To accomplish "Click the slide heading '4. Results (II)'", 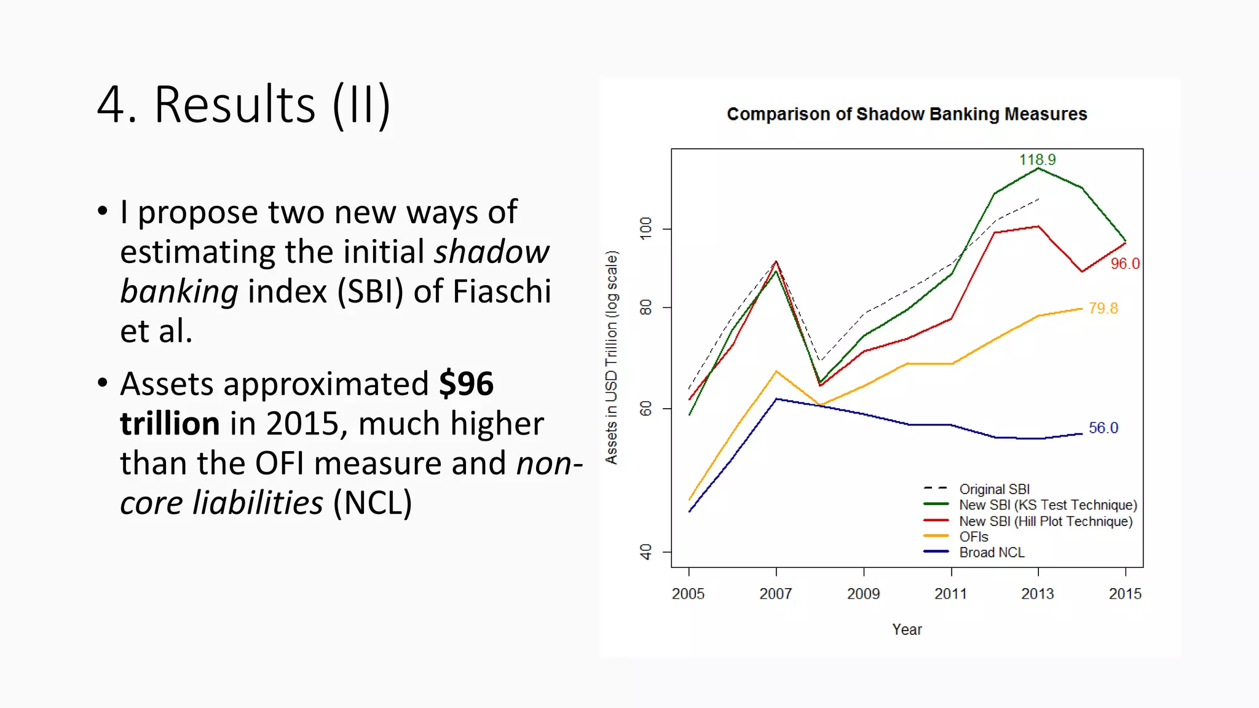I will (243, 105).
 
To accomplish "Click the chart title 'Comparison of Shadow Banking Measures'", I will (907, 114).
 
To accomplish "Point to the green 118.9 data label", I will (1037, 160).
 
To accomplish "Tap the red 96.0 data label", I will (1124, 264).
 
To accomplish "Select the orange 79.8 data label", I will (1103, 309).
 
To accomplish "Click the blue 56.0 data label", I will (1103, 428).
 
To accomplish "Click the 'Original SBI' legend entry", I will (994, 489).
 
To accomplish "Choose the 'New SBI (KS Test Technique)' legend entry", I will (1048, 505).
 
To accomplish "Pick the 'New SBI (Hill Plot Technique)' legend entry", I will (1045, 521).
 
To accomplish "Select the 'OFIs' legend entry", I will (974, 537).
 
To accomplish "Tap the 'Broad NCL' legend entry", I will (992, 553).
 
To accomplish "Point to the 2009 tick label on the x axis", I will (863, 594).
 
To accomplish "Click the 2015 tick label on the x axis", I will (1125, 594).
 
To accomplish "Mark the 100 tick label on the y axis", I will (645, 228).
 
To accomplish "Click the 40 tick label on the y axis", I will (645, 551).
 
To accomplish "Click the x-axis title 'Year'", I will (907, 629).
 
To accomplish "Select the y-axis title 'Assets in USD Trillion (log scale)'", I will (611, 357).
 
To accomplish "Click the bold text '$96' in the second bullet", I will (466, 384).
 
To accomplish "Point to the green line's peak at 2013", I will (1038, 168).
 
